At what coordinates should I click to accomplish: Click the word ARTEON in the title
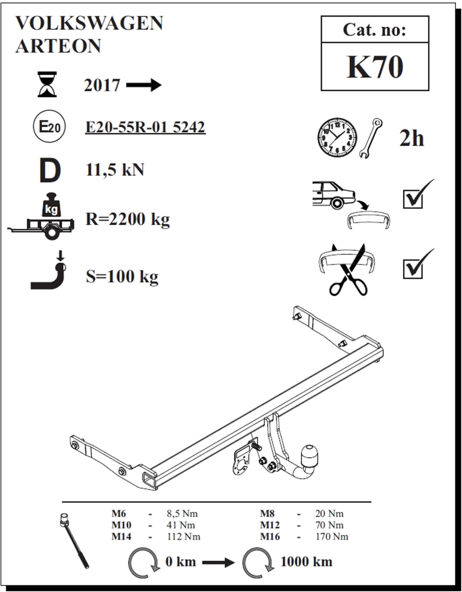pyautogui.click(x=58, y=46)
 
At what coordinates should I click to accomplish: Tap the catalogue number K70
pyautogui.click(x=375, y=67)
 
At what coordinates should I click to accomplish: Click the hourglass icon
pyautogui.click(x=47, y=84)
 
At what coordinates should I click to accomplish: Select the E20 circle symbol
pyautogui.click(x=49, y=126)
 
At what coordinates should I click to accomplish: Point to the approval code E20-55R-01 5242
pyautogui.click(x=145, y=127)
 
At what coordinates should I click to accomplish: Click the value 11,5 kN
pyautogui.click(x=115, y=170)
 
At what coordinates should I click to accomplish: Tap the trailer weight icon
pyautogui.click(x=44, y=217)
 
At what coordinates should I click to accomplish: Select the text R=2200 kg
pyautogui.click(x=128, y=219)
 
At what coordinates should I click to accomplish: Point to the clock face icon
pyautogui.click(x=337, y=137)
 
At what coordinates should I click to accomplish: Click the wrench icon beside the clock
pyautogui.click(x=370, y=138)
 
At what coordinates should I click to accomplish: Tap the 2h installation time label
pyautogui.click(x=411, y=138)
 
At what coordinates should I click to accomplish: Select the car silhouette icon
pyautogui.click(x=333, y=193)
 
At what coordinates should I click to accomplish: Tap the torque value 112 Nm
pyautogui.click(x=183, y=536)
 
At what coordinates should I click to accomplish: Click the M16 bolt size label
pyautogui.click(x=270, y=536)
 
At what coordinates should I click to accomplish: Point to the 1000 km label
pyautogui.click(x=306, y=561)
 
